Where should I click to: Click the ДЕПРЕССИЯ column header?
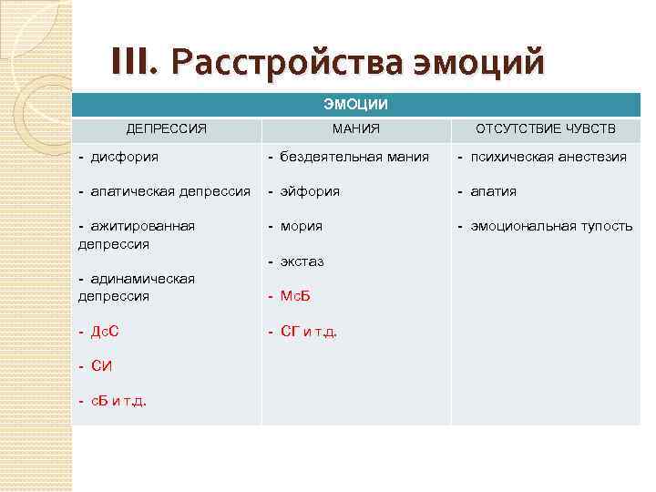[x=166, y=129]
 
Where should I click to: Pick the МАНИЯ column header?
[x=356, y=129]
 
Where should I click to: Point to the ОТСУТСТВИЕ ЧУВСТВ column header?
[x=546, y=129]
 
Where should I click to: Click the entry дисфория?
[x=124, y=157]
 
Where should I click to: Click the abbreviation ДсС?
[x=105, y=332]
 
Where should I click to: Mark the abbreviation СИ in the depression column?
[x=102, y=366]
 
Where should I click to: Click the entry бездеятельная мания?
[x=354, y=157]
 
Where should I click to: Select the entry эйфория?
[x=310, y=191]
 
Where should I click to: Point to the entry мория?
[x=302, y=226]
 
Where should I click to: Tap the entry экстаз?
[x=302, y=261]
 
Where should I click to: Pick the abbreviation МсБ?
[x=296, y=296]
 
